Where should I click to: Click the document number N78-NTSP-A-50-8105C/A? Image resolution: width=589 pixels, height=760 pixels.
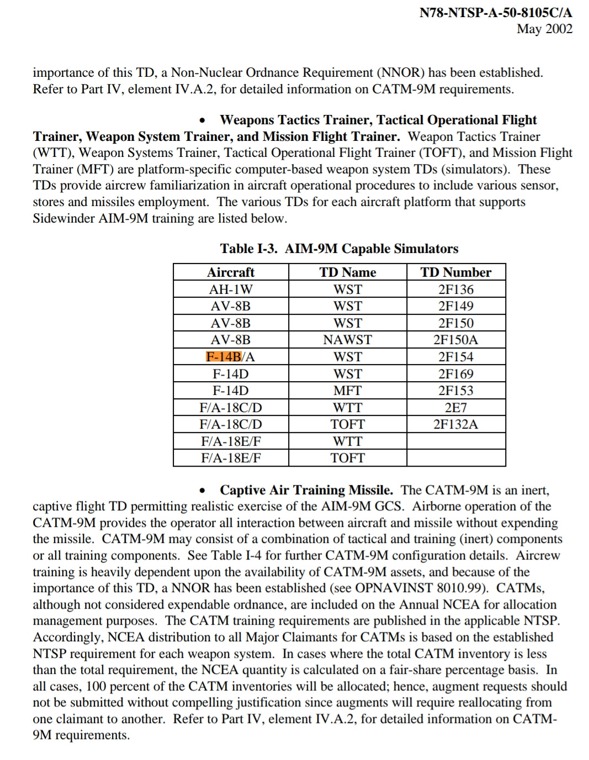pyautogui.click(x=495, y=12)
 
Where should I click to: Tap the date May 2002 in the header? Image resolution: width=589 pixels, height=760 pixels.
pyautogui.click(x=544, y=29)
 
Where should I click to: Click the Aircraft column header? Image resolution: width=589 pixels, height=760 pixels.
pyautogui.click(x=231, y=272)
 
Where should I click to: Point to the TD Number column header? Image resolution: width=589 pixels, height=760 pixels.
pyautogui.click(x=455, y=272)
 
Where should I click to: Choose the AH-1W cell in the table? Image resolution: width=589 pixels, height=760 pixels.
pyautogui.click(x=231, y=289)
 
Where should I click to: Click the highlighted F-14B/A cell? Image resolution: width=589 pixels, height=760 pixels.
pyautogui.click(x=230, y=357)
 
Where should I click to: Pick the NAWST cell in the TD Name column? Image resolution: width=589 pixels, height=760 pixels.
pyautogui.click(x=347, y=340)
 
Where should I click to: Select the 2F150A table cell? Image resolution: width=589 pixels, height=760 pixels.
pyautogui.click(x=455, y=340)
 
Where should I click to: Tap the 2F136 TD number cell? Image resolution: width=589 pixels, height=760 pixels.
pyautogui.click(x=455, y=289)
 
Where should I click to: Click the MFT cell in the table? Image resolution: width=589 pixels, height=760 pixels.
pyautogui.click(x=347, y=390)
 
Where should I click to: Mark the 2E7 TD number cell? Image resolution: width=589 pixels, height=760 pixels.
pyautogui.click(x=455, y=408)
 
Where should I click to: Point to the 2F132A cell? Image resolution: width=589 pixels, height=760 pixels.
pyautogui.click(x=455, y=424)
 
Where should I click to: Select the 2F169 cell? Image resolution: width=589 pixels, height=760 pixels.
pyautogui.click(x=455, y=374)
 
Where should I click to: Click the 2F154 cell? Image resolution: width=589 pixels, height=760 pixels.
pyautogui.click(x=455, y=357)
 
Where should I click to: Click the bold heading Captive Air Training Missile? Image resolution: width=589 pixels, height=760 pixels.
pyautogui.click(x=306, y=490)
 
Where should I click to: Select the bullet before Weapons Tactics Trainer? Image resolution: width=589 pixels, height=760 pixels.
pyautogui.click(x=204, y=120)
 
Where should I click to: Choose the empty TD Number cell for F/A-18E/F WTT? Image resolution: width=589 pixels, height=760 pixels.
pyautogui.click(x=455, y=441)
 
